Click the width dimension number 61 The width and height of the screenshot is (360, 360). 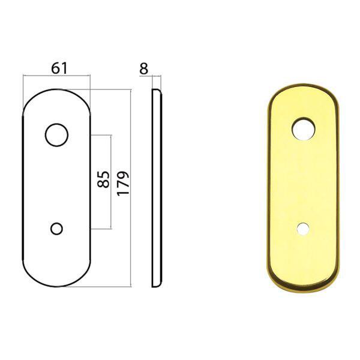tap(58, 68)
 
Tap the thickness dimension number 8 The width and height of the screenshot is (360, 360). tap(143, 68)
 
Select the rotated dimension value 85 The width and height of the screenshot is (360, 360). tap(103, 180)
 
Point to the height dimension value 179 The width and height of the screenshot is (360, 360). tap(124, 184)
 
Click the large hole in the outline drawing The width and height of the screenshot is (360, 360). tap(56, 135)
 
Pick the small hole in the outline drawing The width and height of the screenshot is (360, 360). tap(57, 229)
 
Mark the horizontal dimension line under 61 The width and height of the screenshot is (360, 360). tap(56, 76)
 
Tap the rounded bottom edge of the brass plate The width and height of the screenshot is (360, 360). tap(304, 287)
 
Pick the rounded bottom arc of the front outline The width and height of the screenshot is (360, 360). tap(56, 287)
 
